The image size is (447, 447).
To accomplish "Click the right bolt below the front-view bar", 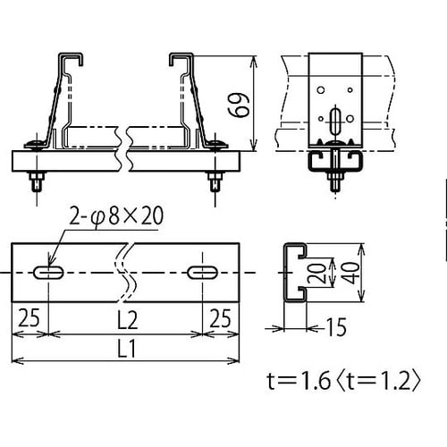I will click(x=215, y=182).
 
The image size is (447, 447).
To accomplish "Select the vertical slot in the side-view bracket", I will click(x=336, y=121).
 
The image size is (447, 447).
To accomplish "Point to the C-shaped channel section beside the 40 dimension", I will click(x=296, y=272).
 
